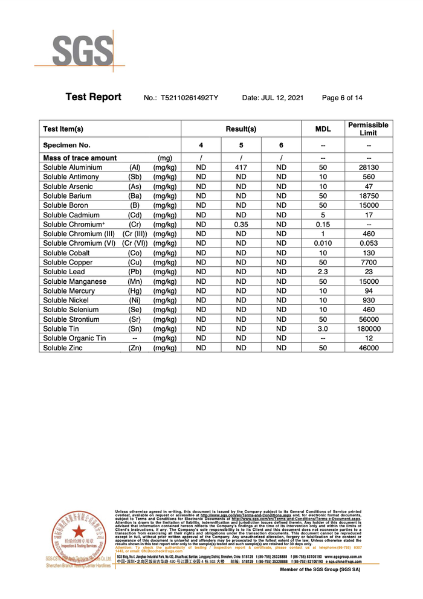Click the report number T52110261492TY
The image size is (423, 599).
click(x=190, y=98)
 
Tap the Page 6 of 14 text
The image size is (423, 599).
click(x=343, y=98)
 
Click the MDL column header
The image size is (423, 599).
click(x=323, y=129)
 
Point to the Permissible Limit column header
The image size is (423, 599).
click(x=369, y=129)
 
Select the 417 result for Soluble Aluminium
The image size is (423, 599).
click(x=241, y=167)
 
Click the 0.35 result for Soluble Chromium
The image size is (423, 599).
click(x=241, y=224)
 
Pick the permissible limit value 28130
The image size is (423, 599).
click(x=369, y=167)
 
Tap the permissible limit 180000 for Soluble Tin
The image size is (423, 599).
click(x=369, y=328)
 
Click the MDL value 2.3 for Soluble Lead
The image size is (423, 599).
click(x=323, y=272)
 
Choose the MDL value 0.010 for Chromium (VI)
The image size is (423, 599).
click(x=323, y=243)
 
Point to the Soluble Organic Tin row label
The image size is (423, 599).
click(x=74, y=338)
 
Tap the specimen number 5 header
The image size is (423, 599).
click(x=241, y=146)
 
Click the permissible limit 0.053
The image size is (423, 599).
click(x=369, y=243)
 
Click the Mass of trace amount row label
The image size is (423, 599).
click(x=80, y=158)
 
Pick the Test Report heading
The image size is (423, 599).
click(x=93, y=97)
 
